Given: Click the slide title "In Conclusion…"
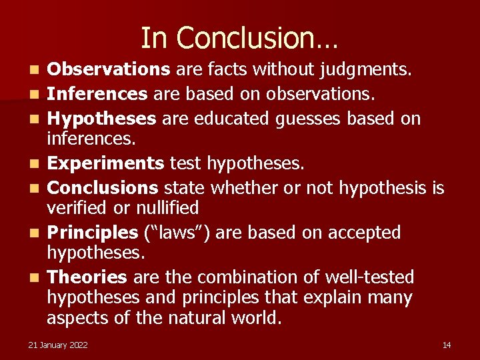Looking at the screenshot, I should tap(239, 38).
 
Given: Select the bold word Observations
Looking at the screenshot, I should tap(109, 69).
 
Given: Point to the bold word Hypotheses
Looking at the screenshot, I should tap(102, 119).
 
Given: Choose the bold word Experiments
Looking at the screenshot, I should tap(106, 163).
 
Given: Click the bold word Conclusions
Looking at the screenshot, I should tap(103, 188).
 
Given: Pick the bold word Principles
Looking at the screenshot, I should tap(93, 233).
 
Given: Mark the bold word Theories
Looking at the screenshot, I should tap(87, 277).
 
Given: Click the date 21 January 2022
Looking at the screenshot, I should tap(58, 345).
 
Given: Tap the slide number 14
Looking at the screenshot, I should tap(447, 345).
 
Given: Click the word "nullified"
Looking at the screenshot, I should tap(167, 208).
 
